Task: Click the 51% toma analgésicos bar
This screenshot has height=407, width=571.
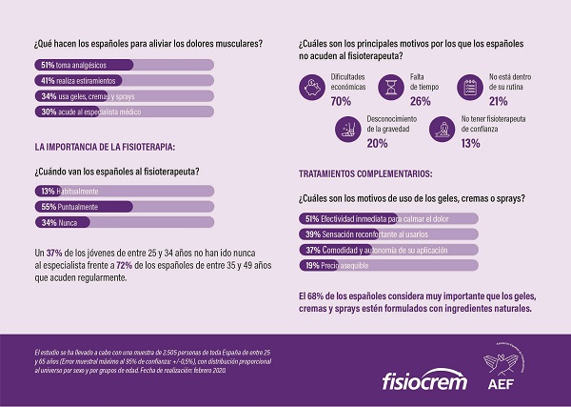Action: [124, 65]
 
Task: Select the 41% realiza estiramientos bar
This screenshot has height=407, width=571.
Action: [124, 81]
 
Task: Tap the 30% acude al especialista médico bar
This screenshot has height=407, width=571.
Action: [124, 112]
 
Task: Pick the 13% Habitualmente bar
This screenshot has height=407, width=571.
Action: [124, 192]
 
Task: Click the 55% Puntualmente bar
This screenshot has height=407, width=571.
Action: [124, 207]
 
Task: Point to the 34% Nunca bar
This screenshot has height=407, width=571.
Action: [124, 223]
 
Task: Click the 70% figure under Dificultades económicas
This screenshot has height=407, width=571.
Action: [341, 101]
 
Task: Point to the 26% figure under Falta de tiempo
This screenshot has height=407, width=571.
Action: [420, 101]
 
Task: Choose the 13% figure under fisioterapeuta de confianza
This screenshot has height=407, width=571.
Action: [471, 143]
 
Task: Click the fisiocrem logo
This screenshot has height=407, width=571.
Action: [423, 370]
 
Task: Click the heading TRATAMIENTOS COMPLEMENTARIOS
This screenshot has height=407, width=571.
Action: [364, 174]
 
